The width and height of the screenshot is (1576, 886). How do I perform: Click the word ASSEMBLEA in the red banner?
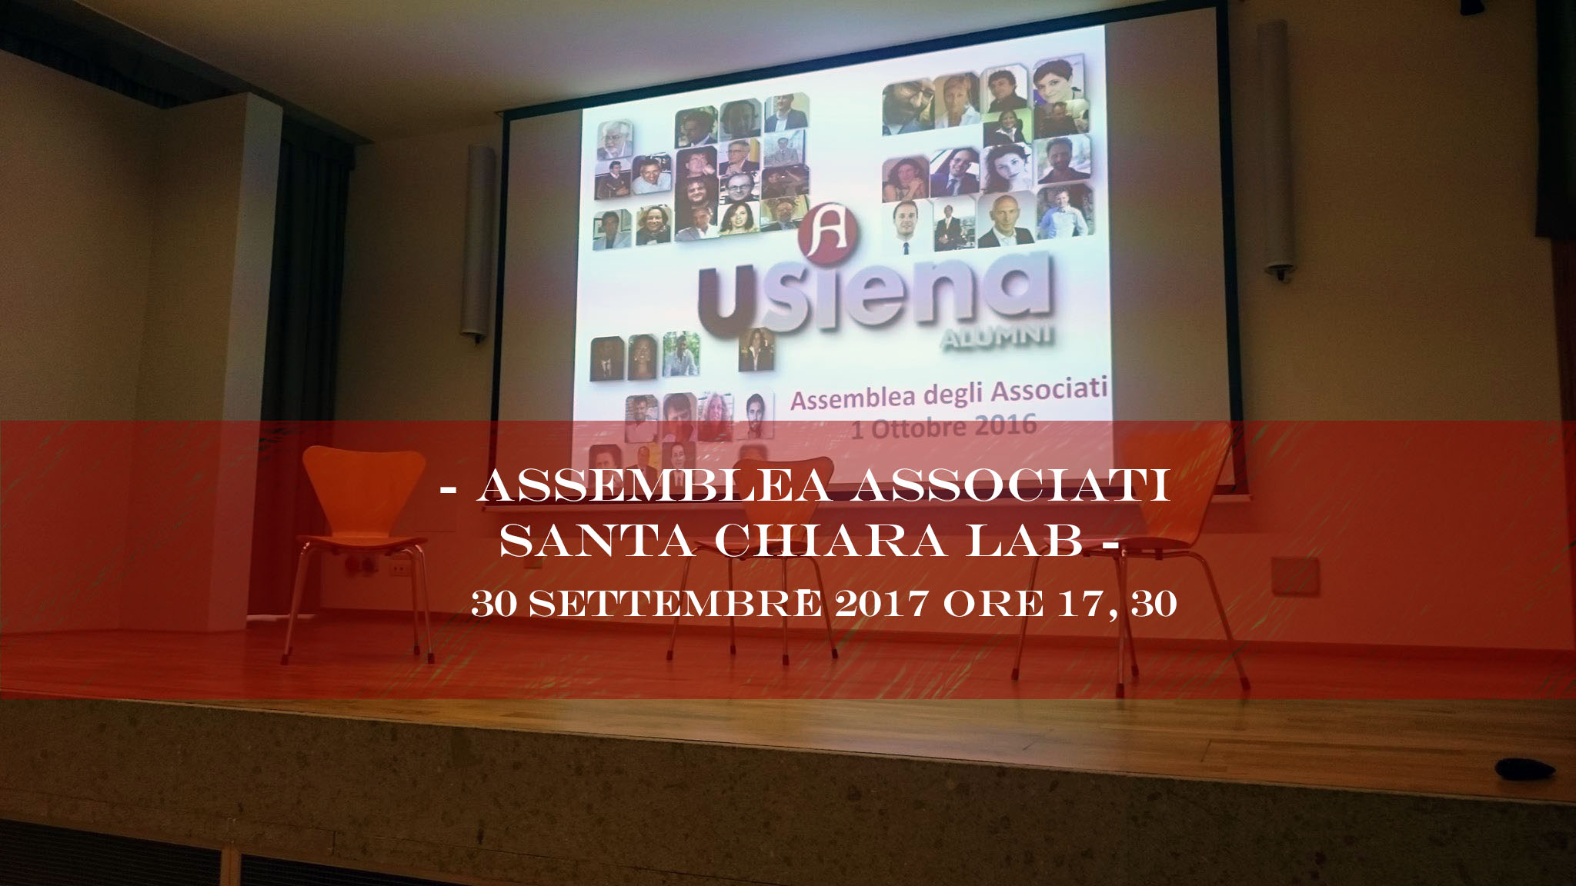(x=654, y=485)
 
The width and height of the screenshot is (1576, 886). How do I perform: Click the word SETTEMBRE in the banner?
(x=676, y=603)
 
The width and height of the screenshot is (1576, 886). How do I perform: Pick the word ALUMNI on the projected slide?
(x=997, y=337)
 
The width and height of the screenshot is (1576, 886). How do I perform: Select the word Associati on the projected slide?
(x=1048, y=390)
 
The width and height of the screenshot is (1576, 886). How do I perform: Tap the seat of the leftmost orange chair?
(x=362, y=541)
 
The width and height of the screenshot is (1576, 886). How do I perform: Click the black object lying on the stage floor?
(x=1526, y=769)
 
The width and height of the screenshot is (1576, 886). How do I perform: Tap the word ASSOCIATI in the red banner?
(x=1010, y=485)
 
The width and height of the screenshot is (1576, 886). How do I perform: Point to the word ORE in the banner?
(x=993, y=603)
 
